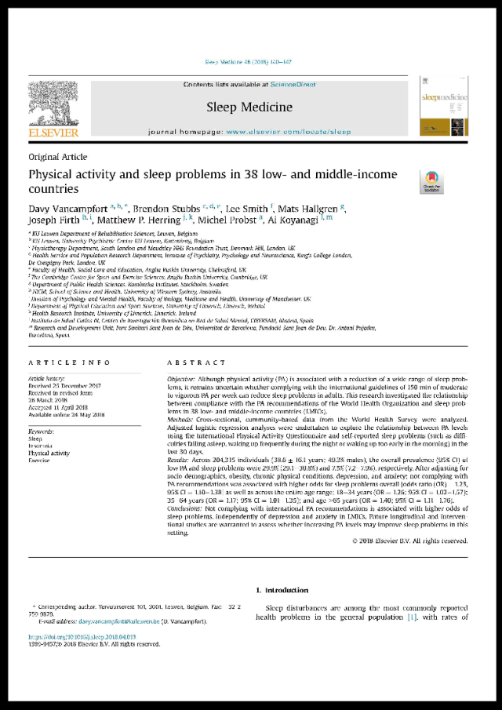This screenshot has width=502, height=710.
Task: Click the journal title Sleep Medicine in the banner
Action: [x=249, y=107]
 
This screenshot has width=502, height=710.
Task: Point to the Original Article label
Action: [x=57, y=158]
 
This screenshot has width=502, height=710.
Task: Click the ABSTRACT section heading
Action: [x=196, y=362]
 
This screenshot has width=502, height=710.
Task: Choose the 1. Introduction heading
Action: [x=283, y=590]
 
